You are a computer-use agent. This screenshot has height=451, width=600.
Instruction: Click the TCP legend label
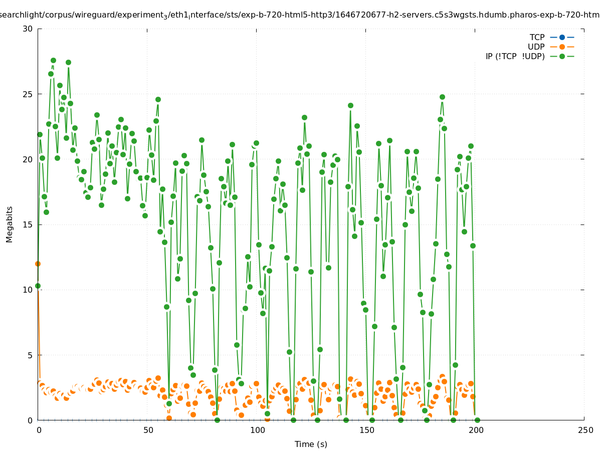click(537, 38)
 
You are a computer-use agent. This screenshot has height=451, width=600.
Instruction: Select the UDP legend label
click(536, 47)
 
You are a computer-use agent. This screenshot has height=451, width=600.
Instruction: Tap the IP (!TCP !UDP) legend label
click(515, 57)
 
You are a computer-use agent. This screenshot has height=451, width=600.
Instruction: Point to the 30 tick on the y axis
click(28, 29)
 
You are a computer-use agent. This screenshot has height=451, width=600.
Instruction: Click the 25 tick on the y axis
click(28, 94)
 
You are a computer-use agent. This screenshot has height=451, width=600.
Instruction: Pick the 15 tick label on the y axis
click(28, 224)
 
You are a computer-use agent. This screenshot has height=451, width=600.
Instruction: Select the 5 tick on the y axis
click(30, 355)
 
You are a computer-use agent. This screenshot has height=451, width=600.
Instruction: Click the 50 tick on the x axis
click(148, 430)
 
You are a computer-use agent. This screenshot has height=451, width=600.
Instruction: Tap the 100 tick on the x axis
click(257, 430)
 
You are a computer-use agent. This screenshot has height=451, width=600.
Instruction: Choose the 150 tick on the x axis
click(366, 430)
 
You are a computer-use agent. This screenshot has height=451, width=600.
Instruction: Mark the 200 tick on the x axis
click(476, 430)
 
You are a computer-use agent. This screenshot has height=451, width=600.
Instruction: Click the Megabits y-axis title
click(10, 224)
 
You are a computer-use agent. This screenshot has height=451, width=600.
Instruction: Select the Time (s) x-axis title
click(311, 444)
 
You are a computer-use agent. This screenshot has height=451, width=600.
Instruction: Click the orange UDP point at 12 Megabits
click(38, 264)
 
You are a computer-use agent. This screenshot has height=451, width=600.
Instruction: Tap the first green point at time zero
click(38, 286)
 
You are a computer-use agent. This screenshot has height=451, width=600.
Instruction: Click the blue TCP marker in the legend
click(562, 38)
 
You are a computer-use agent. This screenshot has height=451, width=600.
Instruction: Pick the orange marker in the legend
click(562, 47)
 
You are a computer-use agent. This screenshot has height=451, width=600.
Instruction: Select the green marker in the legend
click(562, 57)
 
